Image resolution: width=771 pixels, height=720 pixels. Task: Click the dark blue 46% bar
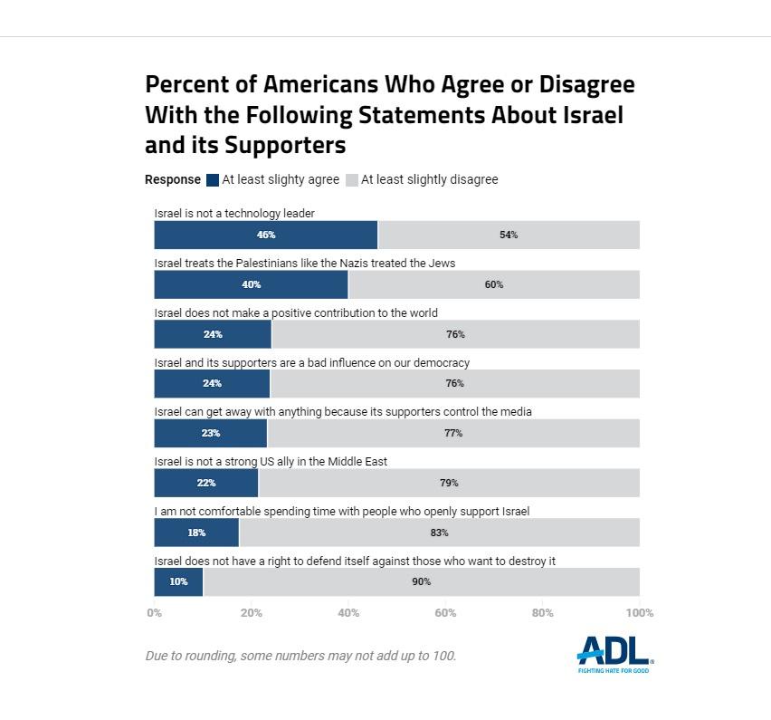pyautogui.click(x=265, y=235)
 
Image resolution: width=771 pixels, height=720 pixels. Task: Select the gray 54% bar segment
pyautogui.click(x=509, y=235)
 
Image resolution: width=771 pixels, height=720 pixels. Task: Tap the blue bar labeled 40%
pyautogui.click(x=251, y=284)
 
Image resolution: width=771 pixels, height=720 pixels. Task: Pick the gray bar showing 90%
pyautogui.click(x=421, y=581)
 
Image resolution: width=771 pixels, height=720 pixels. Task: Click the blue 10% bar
pyautogui.click(x=178, y=581)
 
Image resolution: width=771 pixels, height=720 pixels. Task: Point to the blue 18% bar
pyautogui.click(x=196, y=533)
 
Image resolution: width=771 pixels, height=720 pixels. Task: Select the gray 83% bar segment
pyautogui.click(x=439, y=533)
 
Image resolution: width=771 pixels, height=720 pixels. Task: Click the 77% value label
pyautogui.click(x=453, y=433)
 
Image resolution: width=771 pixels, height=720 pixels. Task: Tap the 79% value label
pyautogui.click(x=449, y=483)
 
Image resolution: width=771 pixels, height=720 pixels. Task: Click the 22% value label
pyautogui.click(x=206, y=483)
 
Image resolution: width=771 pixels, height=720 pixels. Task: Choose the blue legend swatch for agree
pyautogui.click(x=213, y=180)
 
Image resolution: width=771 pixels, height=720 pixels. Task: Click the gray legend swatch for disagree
pyautogui.click(x=352, y=180)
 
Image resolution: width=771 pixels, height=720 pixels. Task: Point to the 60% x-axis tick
pyautogui.click(x=445, y=613)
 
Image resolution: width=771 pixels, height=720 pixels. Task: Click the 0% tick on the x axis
pyautogui.click(x=154, y=613)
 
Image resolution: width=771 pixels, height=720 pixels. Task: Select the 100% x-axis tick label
pyautogui.click(x=638, y=613)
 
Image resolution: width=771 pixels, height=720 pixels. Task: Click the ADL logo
pyautogui.click(x=614, y=653)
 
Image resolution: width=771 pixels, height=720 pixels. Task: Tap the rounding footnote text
pyautogui.click(x=300, y=656)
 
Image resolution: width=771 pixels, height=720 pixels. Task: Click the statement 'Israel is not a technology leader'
pyautogui.click(x=234, y=214)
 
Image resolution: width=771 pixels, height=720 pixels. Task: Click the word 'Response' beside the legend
pyautogui.click(x=173, y=180)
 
